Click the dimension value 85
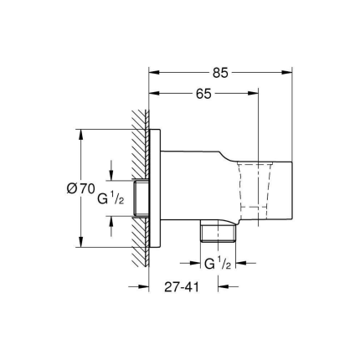219,73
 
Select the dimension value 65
203,94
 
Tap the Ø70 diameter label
79,189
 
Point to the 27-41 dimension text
181,285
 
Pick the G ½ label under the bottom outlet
217,264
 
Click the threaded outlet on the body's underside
218,230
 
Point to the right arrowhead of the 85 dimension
288,73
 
